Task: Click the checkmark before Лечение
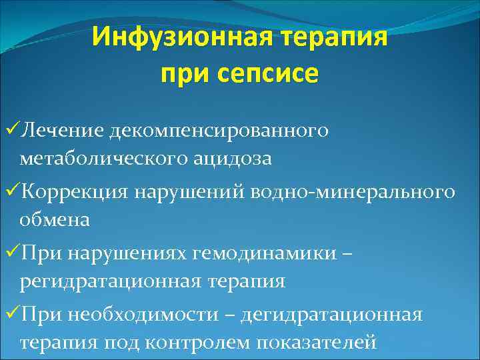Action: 10,129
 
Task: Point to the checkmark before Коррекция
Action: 10,192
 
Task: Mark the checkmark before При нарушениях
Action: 10,254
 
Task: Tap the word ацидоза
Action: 231,159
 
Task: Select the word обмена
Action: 55,220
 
